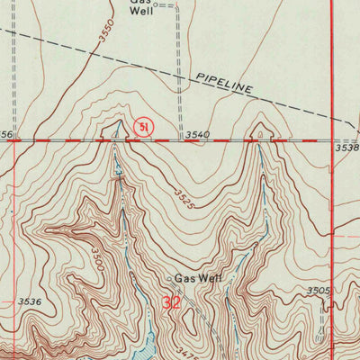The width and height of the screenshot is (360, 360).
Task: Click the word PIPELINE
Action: coord(224,85)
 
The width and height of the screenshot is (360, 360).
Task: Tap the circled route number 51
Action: coord(142,128)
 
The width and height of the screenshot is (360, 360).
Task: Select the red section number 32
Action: coord(172,303)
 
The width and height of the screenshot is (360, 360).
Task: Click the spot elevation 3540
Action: coord(197,135)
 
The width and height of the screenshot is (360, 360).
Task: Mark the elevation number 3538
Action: coord(346,147)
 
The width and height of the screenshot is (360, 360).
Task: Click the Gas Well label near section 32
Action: coord(196,278)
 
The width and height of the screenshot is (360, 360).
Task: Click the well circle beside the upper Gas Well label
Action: coord(156,4)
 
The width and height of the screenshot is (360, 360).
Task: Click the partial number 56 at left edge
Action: coord(5,135)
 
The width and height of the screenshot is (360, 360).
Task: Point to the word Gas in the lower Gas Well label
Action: coord(184,278)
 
